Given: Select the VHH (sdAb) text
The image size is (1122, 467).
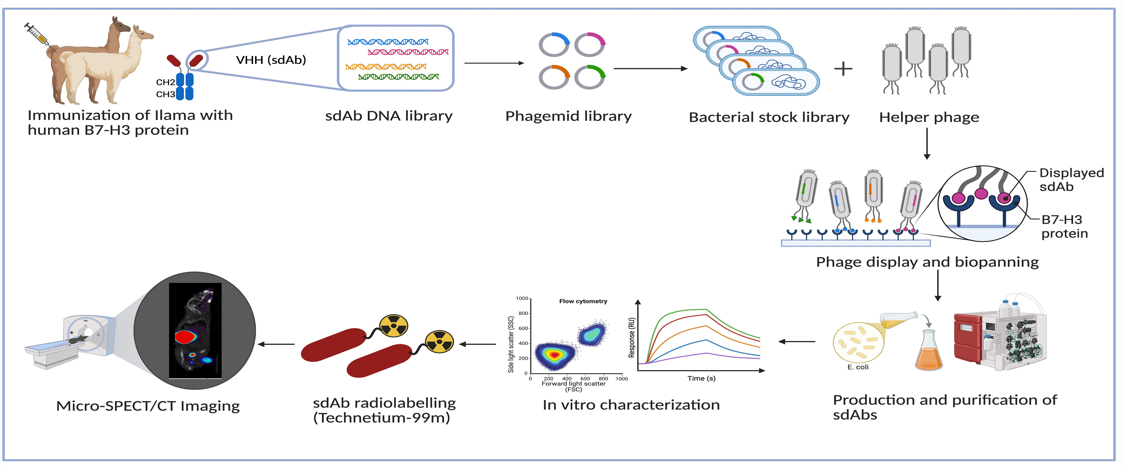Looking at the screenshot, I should pyautogui.click(x=271, y=60).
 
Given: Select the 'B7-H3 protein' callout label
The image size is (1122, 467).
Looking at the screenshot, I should pyautogui.click(x=1064, y=226).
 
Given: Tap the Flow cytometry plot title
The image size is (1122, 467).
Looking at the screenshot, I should pyautogui.click(x=583, y=301).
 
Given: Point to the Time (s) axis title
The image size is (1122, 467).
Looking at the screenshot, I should pyautogui.click(x=701, y=378).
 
